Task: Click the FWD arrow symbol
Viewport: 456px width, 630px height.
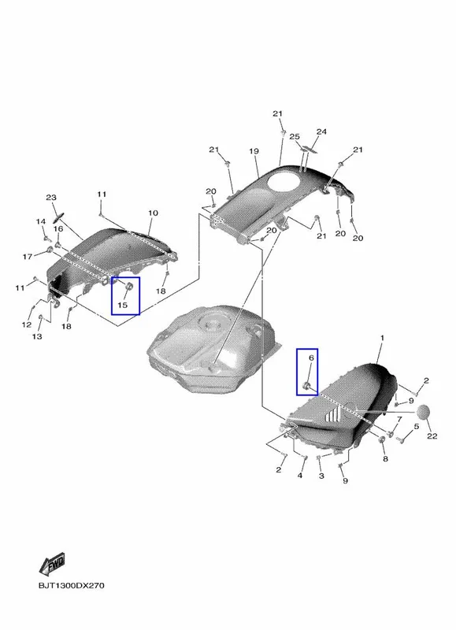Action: point(52,565)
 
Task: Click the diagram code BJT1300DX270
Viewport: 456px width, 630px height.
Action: point(72,585)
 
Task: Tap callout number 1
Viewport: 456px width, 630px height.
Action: point(382,338)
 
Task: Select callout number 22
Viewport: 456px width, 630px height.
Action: point(432,436)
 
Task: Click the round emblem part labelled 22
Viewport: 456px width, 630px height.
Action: point(424,413)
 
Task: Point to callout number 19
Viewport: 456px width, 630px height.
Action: point(254,151)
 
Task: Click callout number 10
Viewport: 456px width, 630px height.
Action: point(153,213)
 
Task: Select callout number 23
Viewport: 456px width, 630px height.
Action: point(51,198)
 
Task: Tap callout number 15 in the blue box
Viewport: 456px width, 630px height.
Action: point(123,305)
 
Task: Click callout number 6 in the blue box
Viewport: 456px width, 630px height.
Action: point(311,358)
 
